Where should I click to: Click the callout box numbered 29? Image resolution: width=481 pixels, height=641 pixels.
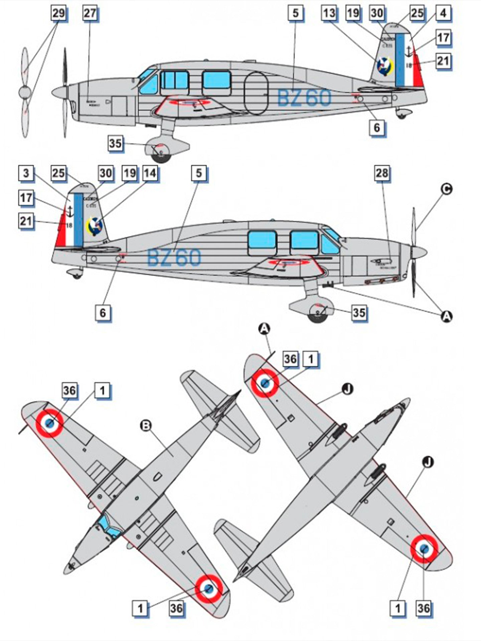58,14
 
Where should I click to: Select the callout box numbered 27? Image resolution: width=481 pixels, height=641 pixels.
89,14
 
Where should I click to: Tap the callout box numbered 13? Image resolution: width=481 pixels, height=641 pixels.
329,14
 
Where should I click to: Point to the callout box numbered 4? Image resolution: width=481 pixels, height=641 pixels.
443,14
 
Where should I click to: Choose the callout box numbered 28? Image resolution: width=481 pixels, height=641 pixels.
382,173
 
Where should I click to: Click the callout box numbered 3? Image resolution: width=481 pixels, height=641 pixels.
26,174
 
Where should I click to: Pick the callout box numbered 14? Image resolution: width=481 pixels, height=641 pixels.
150,173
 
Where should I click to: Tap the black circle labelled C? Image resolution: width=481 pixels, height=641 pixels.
446,189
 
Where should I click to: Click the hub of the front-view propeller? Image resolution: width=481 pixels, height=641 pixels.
25,92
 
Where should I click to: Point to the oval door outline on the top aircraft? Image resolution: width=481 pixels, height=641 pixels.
256,93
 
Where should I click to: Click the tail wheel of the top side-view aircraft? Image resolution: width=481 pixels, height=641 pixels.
400,115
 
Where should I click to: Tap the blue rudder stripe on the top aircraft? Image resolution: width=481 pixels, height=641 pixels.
400,59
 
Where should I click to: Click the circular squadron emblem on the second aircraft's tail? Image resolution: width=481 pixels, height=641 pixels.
94,226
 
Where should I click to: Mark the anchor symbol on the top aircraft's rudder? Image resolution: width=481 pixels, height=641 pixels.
409,51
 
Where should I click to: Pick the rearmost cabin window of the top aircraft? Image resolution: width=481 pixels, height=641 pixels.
216,80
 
